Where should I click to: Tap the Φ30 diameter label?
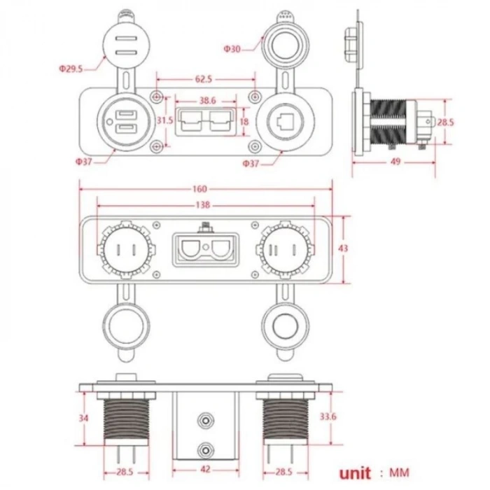tap(232, 48)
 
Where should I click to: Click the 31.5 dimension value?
tap(164, 120)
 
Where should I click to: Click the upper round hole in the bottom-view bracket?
tap(205, 420)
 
